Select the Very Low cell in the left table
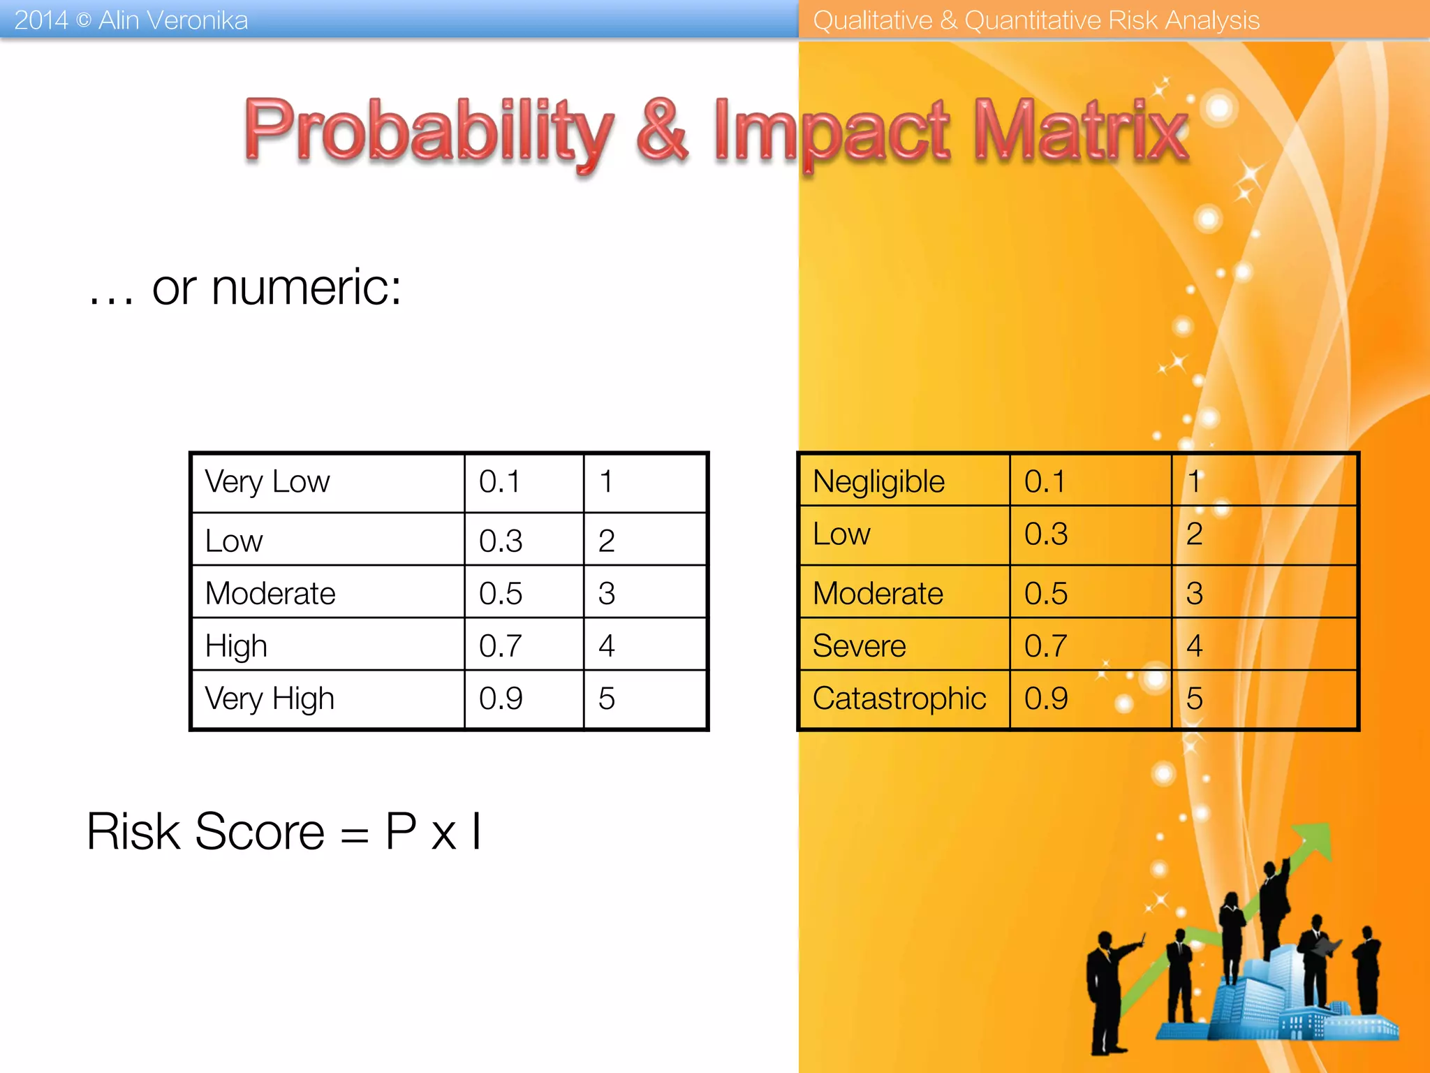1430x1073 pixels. pyautogui.click(x=267, y=482)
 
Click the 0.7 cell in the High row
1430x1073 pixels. pyautogui.click(x=500, y=645)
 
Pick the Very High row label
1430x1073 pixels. pyautogui.click(x=270, y=699)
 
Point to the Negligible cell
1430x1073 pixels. pyautogui.click(x=878, y=482)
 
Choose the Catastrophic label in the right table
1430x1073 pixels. pyautogui.click(x=899, y=699)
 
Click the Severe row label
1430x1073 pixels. pyautogui.click(x=859, y=645)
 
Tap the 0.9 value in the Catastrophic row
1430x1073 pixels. pyautogui.click(x=1046, y=699)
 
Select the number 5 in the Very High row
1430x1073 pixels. pyautogui.click(x=606, y=699)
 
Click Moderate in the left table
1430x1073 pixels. pyautogui.click(x=270, y=594)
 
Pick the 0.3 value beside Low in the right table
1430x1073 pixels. pyautogui.click(x=1046, y=534)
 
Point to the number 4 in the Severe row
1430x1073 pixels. pyautogui.click(x=1194, y=645)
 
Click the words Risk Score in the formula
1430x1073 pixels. pyautogui.click(x=205, y=831)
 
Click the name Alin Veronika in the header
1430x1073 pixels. pyautogui.click(x=172, y=20)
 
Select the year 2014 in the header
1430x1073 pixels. pyautogui.click(x=40, y=20)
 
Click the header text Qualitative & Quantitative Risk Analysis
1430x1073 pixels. pyautogui.click(x=1036, y=20)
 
